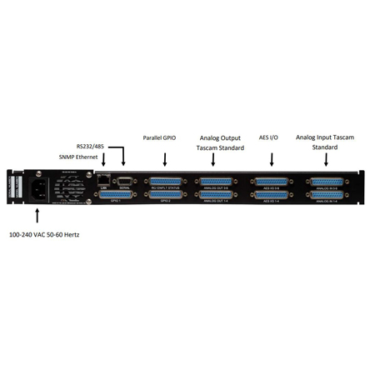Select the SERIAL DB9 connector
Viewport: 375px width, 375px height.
click(x=124, y=179)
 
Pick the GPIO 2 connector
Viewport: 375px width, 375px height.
click(x=163, y=195)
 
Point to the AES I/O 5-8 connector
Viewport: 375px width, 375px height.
click(x=272, y=181)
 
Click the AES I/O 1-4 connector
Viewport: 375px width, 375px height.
click(x=272, y=195)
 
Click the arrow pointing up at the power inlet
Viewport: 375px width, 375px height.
click(x=39, y=218)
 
